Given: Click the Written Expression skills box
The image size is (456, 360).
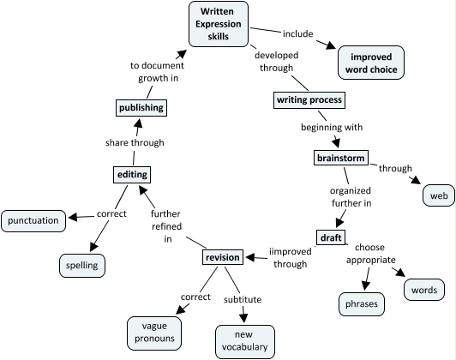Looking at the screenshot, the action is (x=219, y=24).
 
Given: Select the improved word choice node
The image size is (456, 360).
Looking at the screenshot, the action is (x=371, y=63).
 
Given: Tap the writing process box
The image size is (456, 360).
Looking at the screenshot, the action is (x=309, y=100).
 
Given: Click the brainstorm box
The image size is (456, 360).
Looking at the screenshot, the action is (x=341, y=158).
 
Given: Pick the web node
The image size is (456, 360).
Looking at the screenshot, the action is (x=439, y=195).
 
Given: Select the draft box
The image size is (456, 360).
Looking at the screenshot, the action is (x=331, y=237).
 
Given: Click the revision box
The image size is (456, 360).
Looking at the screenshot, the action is (x=223, y=257).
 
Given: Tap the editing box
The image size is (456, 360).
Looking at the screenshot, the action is (x=132, y=175).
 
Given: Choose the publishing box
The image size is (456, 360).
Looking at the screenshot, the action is (x=141, y=108).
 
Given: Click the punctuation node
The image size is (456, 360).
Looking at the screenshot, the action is (x=33, y=221).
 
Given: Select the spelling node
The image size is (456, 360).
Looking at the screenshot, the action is (x=82, y=266).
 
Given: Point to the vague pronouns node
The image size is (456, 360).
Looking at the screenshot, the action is (x=154, y=333).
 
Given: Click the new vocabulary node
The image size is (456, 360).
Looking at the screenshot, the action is (x=245, y=342).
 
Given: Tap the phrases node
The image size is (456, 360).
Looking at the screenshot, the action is (x=362, y=304).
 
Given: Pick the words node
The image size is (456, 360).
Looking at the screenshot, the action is (x=424, y=290).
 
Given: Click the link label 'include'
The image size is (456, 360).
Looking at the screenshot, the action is (x=297, y=33).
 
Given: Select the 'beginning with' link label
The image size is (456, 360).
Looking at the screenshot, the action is (x=332, y=128).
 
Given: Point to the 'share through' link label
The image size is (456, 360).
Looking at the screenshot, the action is (x=135, y=143).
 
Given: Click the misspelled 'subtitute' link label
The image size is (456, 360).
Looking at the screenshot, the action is (x=243, y=299).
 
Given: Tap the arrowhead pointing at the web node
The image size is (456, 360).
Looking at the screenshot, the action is (x=417, y=180).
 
